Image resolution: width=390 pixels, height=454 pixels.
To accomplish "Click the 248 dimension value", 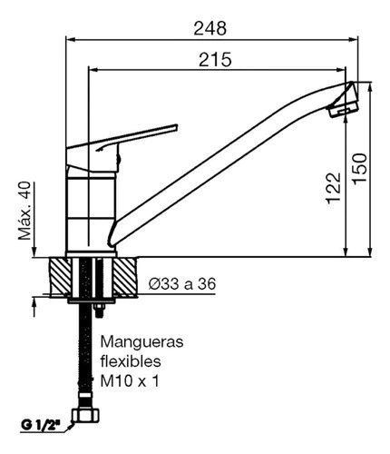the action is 210,28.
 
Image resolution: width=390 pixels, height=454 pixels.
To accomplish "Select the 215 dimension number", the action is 215,59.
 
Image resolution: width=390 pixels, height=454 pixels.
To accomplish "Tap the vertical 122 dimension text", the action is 334,188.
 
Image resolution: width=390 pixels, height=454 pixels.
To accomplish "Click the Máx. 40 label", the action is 24,211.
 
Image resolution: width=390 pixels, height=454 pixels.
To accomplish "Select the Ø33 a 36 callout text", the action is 182,284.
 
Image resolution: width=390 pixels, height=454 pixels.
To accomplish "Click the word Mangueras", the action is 141,342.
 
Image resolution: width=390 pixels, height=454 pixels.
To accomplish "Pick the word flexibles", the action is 131,361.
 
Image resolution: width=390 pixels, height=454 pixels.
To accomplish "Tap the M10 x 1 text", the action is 130,380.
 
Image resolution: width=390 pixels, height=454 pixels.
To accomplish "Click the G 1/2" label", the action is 40,425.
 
